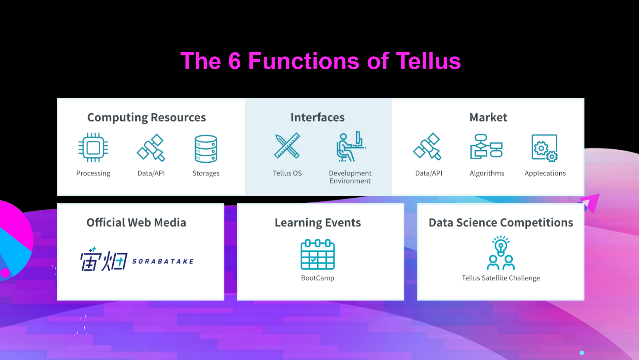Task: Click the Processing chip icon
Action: point(93,148)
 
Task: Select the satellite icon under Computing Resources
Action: point(151,148)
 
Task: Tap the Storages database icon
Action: point(206,149)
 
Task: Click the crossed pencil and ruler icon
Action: point(287,146)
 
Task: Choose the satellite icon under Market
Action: point(427,147)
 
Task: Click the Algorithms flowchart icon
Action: point(486,146)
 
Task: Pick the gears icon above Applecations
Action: point(545,148)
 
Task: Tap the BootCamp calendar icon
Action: point(318,254)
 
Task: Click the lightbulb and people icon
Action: point(501,253)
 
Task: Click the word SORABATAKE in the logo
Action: point(163,262)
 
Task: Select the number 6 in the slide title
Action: point(235,61)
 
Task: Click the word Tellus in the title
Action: point(428,61)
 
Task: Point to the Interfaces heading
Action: point(318,117)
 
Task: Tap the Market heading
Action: point(488,117)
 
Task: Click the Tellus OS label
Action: point(287,173)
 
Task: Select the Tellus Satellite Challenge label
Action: point(501,278)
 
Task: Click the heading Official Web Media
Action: point(136,223)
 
